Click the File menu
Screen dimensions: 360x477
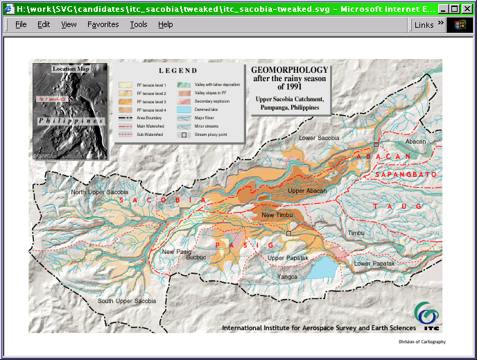[21, 24]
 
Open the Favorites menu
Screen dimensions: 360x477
[103, 24]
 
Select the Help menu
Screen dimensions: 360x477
[165, 24]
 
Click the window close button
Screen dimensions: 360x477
[467, 9]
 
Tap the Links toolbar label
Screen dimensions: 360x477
[424, 25]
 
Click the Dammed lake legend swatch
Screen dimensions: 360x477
[184, 110]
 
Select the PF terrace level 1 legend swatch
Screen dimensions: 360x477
[125, 85]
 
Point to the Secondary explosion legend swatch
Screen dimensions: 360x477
[184, 101]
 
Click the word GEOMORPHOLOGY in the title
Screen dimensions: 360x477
[289, 71]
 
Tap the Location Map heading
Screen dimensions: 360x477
[71, 69]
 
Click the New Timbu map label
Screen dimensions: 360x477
[277, 216]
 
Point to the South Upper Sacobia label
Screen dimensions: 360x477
[127, 301]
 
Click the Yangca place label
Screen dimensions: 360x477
[287, 276]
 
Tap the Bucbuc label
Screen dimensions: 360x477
[196, 257]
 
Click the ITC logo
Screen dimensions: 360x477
[427, 316]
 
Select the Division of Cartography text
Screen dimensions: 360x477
[422, 342]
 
